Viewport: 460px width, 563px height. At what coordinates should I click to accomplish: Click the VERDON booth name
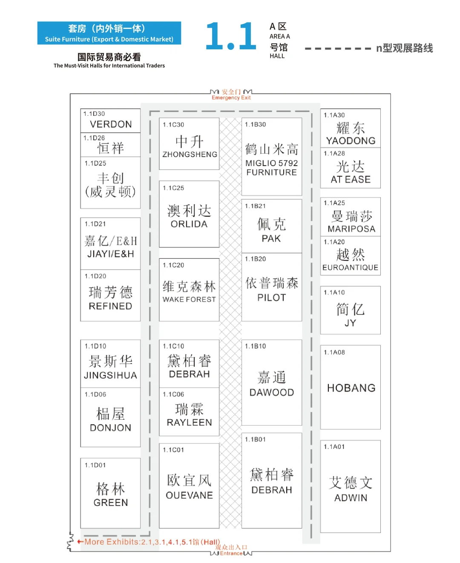(111, 124)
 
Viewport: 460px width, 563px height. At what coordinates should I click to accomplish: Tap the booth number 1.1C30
(173, 125)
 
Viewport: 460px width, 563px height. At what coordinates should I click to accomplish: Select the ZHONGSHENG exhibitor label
(190, 154)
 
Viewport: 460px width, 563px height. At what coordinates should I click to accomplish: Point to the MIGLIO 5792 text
(272, 163)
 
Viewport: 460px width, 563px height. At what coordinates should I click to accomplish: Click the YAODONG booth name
(351, 141)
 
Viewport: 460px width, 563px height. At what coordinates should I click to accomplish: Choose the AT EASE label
(351, 180)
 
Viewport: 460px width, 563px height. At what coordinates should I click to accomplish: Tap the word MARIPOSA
(351, 229)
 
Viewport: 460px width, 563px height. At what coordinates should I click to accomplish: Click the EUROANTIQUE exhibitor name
(350, 268)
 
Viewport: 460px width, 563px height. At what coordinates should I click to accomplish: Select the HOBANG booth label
(351, 388)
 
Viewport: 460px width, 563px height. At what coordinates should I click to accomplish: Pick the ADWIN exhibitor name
(351, 498)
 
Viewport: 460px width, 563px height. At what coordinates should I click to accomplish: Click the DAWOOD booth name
(272, 393)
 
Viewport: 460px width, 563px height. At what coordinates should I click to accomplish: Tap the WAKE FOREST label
(189, 300)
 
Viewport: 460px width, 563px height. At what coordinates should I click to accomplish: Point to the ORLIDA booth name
(189, 224)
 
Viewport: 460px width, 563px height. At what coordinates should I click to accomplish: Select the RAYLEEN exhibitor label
(189, 423)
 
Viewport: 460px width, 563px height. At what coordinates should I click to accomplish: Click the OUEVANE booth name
(189, 495)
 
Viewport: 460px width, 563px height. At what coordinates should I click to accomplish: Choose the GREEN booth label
(111, 503)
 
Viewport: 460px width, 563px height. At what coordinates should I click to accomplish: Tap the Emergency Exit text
(231, 98)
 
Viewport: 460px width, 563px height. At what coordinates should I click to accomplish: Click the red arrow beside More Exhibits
(80, 542)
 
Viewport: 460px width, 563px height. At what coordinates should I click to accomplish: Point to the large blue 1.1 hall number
(231, 37)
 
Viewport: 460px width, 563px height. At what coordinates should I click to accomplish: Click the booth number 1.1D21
(95, 224)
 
